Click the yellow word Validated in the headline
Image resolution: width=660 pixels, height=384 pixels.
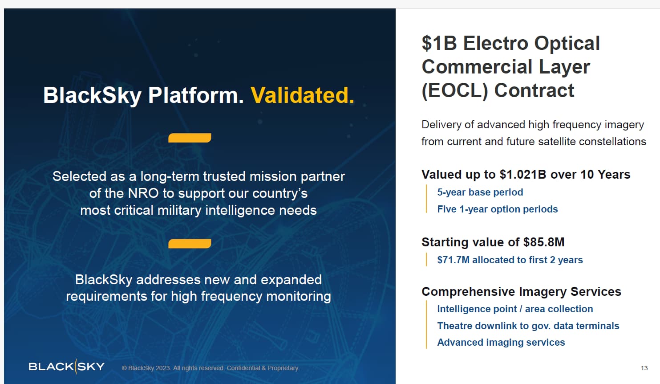point(302,95)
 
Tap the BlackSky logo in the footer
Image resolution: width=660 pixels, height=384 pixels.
point(67,367)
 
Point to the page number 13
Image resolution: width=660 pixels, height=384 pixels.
point(644,368)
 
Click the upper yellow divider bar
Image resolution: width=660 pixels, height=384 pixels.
point(190,138)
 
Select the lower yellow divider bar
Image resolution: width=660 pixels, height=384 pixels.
point(190,244)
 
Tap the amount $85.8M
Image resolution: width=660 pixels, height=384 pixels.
point(543,242)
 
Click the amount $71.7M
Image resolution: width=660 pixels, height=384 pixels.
point(453,260)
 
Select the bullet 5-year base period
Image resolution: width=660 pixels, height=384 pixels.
point(480,192)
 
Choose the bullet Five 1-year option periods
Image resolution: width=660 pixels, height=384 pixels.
point(498,209)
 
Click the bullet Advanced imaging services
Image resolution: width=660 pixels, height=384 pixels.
point(501,342)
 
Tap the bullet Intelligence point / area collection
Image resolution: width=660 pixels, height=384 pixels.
point(515,309)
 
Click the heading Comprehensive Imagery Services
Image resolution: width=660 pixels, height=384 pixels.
point(521,291)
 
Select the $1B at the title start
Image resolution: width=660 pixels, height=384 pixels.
point(439,43)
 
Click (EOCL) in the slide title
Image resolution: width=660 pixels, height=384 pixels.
point(455,90)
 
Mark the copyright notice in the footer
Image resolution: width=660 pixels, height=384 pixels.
point(211,368)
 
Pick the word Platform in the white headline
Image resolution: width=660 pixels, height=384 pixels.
point(196,95)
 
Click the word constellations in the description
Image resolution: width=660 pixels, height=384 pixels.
point(612,142)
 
